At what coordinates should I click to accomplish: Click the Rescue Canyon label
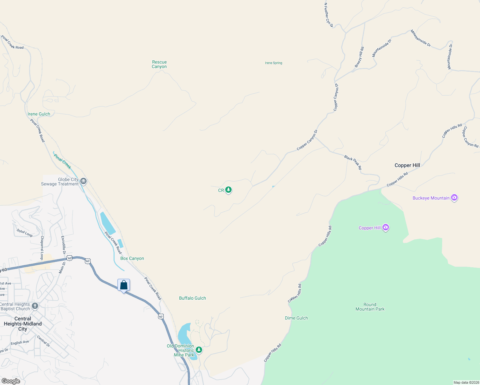coord(159,64)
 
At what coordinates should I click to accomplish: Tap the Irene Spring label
coord(273,63)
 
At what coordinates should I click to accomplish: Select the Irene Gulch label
coord(39,114)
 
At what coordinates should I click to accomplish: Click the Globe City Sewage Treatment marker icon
coord(83,181)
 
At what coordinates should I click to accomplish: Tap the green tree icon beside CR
coord(228,190)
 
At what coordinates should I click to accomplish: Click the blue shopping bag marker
coord(124,285)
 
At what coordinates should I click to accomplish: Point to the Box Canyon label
coord(132,258)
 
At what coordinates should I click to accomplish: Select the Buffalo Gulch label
coord(193,298)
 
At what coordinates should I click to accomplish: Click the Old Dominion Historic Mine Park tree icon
coord(199,350)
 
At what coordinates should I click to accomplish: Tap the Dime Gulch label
coord(296,318)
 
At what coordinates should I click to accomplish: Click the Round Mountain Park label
coord(370,307)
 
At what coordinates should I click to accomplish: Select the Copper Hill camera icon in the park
coord(386,227)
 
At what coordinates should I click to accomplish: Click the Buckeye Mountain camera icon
coord(454,198)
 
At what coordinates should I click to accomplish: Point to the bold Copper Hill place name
coord(407,165)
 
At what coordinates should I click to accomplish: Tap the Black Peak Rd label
coord(353,162)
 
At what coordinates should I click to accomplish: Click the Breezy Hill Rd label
coord(359,57)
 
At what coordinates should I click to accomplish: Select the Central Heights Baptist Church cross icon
coord(35,306)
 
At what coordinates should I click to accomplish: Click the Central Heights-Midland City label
coord(23,324)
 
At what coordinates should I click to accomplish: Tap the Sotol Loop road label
coord(25,233)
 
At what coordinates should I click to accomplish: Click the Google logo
coord(11,381)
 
